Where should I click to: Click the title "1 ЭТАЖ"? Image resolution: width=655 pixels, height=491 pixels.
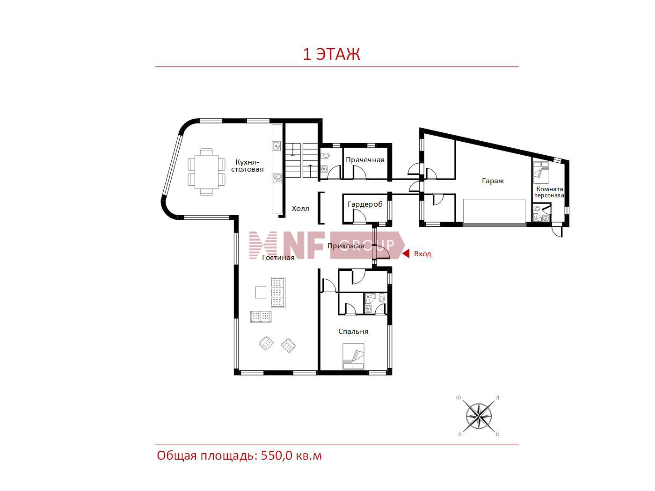tap(331, 55)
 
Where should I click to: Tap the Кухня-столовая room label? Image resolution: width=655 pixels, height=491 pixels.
tap(247, 166)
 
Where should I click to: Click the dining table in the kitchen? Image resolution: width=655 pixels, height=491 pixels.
tap(206, 172)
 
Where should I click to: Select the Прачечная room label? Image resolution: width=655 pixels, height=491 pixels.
tap(364, 160)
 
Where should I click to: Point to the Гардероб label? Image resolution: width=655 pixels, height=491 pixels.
tap(365, 204)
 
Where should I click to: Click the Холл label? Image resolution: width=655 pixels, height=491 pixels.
tap(300, 209)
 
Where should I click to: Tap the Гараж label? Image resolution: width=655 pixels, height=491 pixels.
tap(493, 181)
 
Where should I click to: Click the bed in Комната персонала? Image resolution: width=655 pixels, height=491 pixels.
tap(541, 172)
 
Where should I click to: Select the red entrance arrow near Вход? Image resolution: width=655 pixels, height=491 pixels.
tap(406, 254)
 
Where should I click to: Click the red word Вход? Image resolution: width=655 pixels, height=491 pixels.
tap(422, 254)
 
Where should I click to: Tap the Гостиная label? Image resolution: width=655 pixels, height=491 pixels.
tap(278, 258)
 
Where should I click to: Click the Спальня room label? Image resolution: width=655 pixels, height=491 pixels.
tap(353, 332)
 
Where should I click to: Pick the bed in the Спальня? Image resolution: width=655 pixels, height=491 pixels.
tap(353, 356)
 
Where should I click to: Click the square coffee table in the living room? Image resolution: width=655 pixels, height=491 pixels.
tap(261, 292)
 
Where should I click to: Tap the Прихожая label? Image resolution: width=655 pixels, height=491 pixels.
tap(346, 246)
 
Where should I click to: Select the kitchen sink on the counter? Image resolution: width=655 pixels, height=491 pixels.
tap(277, 146)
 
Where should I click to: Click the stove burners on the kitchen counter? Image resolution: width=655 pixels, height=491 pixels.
tap(277, 178)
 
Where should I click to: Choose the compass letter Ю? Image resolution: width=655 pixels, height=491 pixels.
tap(458, 397)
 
